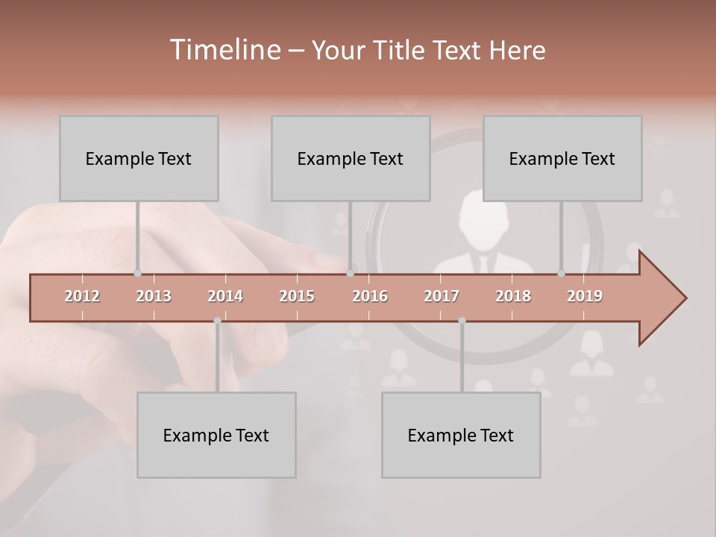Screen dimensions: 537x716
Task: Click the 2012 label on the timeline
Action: [82, 296]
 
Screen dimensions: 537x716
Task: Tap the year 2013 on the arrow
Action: [154, 296]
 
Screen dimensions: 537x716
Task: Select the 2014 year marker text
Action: [225, 296]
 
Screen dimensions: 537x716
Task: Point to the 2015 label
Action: [297, 296]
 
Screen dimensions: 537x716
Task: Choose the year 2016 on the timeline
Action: [370, 296]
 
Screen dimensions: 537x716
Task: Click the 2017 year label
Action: [442, 296]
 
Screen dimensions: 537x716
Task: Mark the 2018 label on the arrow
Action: [513, 296]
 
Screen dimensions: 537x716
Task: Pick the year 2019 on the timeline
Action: [585, 296]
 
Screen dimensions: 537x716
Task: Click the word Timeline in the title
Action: [224, 50]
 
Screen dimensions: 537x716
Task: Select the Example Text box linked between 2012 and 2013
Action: [139, 158]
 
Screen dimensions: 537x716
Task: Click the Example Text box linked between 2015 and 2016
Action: [351, 158]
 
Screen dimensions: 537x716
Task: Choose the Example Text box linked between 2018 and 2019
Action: [562, 158]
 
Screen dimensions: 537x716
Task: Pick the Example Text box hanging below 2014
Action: [216, 435]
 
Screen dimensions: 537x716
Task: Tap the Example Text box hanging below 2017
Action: [461, 435]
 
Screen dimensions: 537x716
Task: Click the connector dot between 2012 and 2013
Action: [137, 273]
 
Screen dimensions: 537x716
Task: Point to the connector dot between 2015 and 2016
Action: [350, 273]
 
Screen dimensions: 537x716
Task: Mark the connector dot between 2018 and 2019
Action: [562, 273]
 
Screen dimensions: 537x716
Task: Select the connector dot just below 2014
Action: [217, 321]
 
